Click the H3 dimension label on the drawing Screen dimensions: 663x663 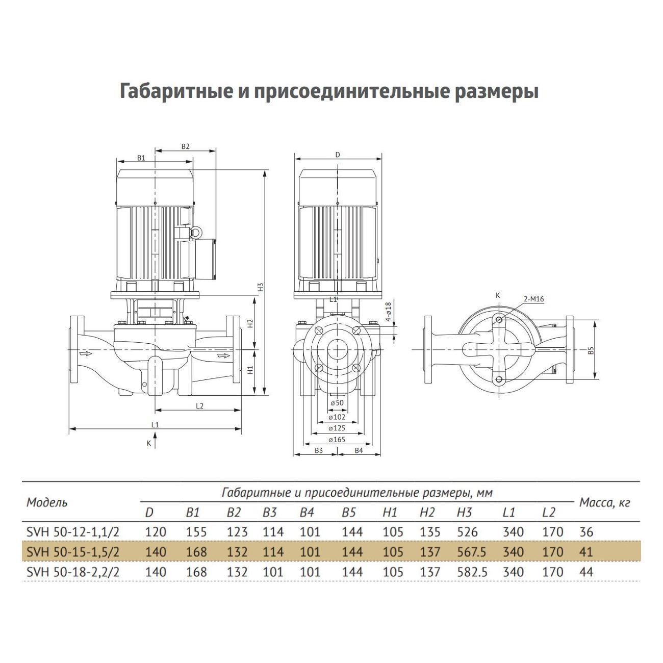[260, 287]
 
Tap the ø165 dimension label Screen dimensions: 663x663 [337, 439]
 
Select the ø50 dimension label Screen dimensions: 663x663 [337, 403]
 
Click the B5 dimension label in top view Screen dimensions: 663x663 [591, 350]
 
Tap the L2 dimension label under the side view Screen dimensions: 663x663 [199, 406]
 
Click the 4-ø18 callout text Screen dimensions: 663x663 [388, 312]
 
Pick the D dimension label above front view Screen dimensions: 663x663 [337, 155]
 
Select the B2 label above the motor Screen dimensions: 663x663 [185, 146]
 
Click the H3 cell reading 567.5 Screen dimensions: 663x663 [472, 552]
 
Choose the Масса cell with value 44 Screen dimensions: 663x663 [586, 572]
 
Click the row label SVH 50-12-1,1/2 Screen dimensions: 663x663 [72, 532]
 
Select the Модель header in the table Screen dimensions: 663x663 [46, 502]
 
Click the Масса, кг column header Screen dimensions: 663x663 [605, 503]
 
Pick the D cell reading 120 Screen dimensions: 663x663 [156, 532]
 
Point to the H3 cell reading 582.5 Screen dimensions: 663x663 [472, 572]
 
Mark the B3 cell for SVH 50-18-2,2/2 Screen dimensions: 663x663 [273, 572]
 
